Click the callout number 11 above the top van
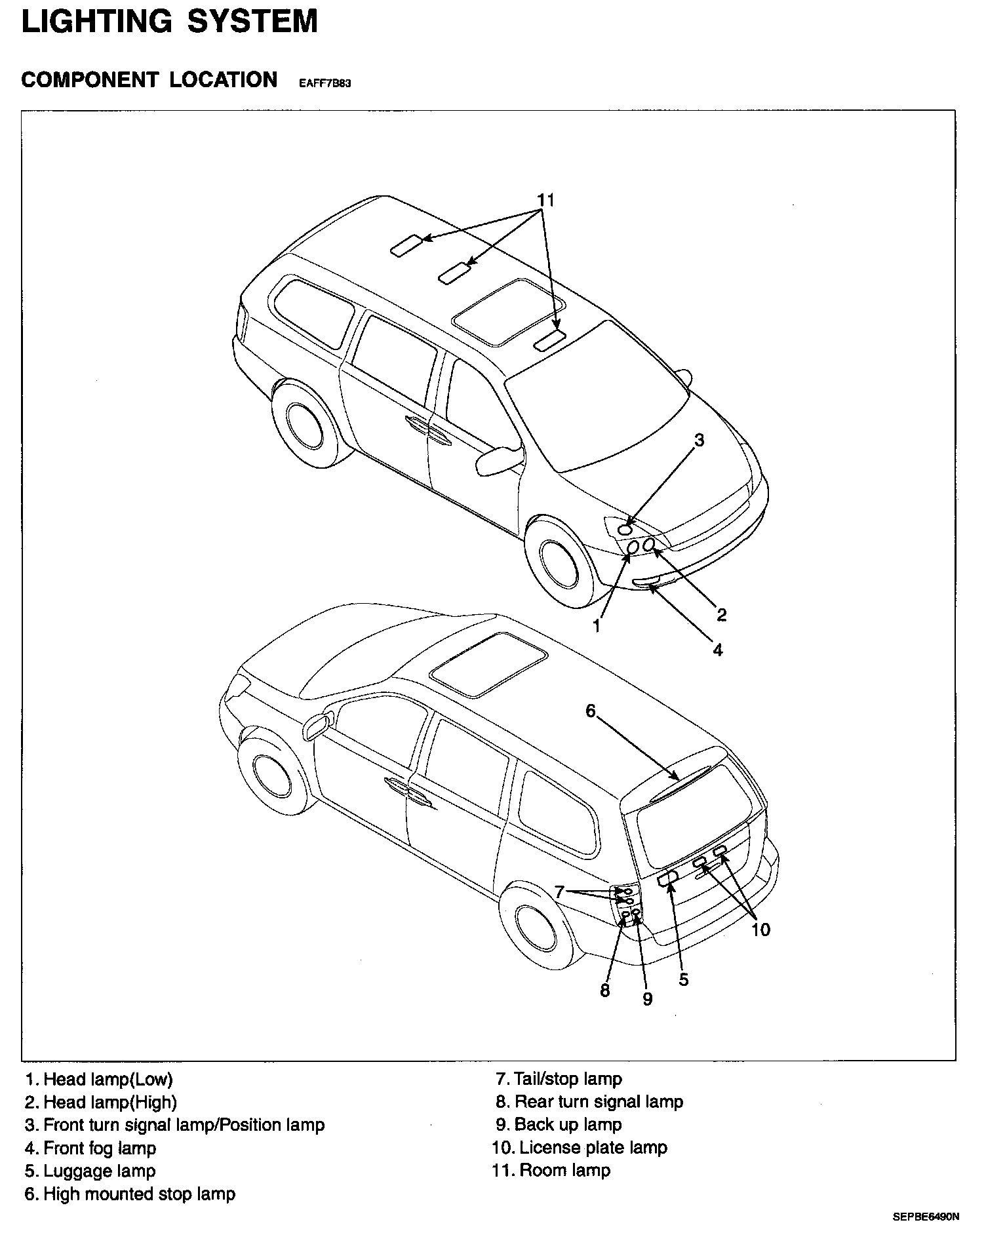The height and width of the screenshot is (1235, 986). click(x=545, y=200)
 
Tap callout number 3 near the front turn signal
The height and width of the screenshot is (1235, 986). click(x=699, y=441)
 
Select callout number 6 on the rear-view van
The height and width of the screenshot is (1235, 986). click(x=590, y=711)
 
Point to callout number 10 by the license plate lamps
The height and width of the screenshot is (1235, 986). click(x=760, y=929)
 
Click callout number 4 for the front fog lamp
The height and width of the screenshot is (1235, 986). click(x=718, y=650)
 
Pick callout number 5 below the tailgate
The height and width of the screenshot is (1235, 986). click(x=684, y=979)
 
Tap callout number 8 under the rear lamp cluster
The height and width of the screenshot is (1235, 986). click(x=604, y=990)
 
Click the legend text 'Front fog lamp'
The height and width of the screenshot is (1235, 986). click(x=100, y=1148)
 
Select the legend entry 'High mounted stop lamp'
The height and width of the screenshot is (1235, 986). click(x=139, y=1194)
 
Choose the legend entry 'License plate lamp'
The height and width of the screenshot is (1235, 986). click(x=593, y=1147)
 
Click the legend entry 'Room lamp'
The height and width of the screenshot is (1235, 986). click(x=564, y=1170)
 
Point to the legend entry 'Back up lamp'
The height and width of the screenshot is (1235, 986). click(x=568, y=1124)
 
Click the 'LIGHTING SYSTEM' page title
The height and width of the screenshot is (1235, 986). click(x=170, y=21)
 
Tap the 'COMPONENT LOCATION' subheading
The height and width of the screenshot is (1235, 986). click(x=149, y=80)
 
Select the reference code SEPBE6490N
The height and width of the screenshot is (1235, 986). click(x=925, y=1217)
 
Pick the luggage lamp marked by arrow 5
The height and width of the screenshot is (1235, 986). click(x=668, y=878)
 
